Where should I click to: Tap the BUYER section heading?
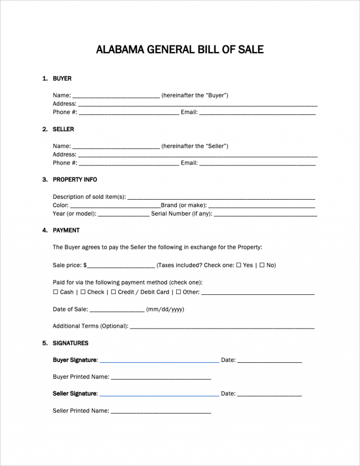tap(62, 79)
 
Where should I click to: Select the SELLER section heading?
tap(63, 129)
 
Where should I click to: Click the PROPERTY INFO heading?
tap(75, 180)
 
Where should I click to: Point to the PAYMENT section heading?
tap(66, 230)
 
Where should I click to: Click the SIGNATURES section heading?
tap(70, 343)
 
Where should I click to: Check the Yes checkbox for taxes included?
tap(239, 265)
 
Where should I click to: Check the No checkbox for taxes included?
tap(262, 265)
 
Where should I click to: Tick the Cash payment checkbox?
tap(56, 292)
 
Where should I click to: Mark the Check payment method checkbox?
tap(83, 292)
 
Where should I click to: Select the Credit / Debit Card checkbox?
tap(113, 292)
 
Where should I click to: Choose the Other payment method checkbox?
tap(178, 292)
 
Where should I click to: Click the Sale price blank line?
tap(121, 267)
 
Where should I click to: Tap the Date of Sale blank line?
tap(117, 311)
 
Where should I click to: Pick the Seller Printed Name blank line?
tap(161, 413)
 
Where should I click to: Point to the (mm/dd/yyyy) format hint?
tap(165, 309)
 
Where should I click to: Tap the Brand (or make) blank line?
tap(262, 207)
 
